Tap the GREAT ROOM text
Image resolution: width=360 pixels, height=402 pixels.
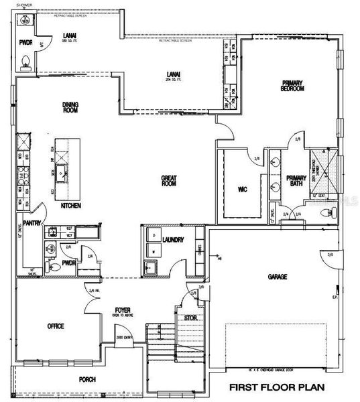tap(168, 181)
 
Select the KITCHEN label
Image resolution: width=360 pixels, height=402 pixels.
tap(70, 206)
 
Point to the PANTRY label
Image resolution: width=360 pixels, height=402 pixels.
tap(32, 223)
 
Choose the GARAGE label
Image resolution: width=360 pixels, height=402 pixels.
tap(278, 276)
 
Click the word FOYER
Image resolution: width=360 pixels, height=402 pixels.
tap(121, 310)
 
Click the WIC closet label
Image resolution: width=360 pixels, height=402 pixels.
tap(243, 190)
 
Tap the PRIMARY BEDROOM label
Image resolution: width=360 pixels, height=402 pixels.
tap(293, 86)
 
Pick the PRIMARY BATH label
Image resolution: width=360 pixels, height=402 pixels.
tap(296, 180)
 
